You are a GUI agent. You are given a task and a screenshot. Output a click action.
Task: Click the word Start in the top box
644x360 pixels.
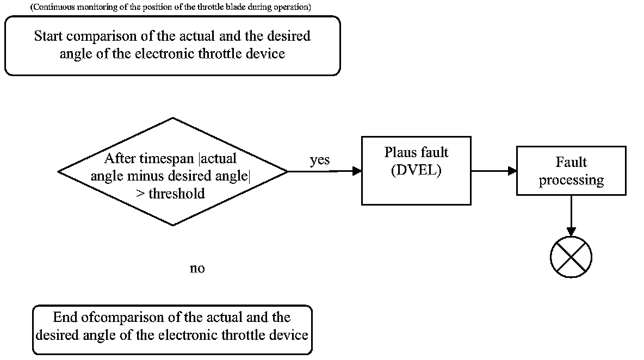pos(48,36)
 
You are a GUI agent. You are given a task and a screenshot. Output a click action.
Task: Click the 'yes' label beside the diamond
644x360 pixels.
pos(320,160)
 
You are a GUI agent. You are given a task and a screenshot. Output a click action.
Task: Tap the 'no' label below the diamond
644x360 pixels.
pos(197,269)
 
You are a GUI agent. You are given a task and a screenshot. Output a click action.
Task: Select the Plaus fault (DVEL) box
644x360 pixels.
pos(416,171)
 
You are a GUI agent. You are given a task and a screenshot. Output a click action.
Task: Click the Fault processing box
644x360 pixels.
pos(571,171)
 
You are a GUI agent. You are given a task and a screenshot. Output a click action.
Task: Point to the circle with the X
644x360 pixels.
pos(571,257)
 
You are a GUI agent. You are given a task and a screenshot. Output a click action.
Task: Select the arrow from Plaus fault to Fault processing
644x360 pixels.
pos(493,171)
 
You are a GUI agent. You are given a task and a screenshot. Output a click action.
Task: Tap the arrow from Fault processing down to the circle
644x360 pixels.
pos(571,215)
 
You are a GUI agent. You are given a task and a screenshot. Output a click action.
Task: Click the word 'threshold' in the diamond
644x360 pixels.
pos(177,194)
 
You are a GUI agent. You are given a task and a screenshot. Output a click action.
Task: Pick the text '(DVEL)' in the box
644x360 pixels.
pos(416,170)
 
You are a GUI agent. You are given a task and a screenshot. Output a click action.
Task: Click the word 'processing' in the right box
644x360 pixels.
pos(571,181)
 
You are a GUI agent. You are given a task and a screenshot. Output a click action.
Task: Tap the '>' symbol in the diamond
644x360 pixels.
pos(139,194)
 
